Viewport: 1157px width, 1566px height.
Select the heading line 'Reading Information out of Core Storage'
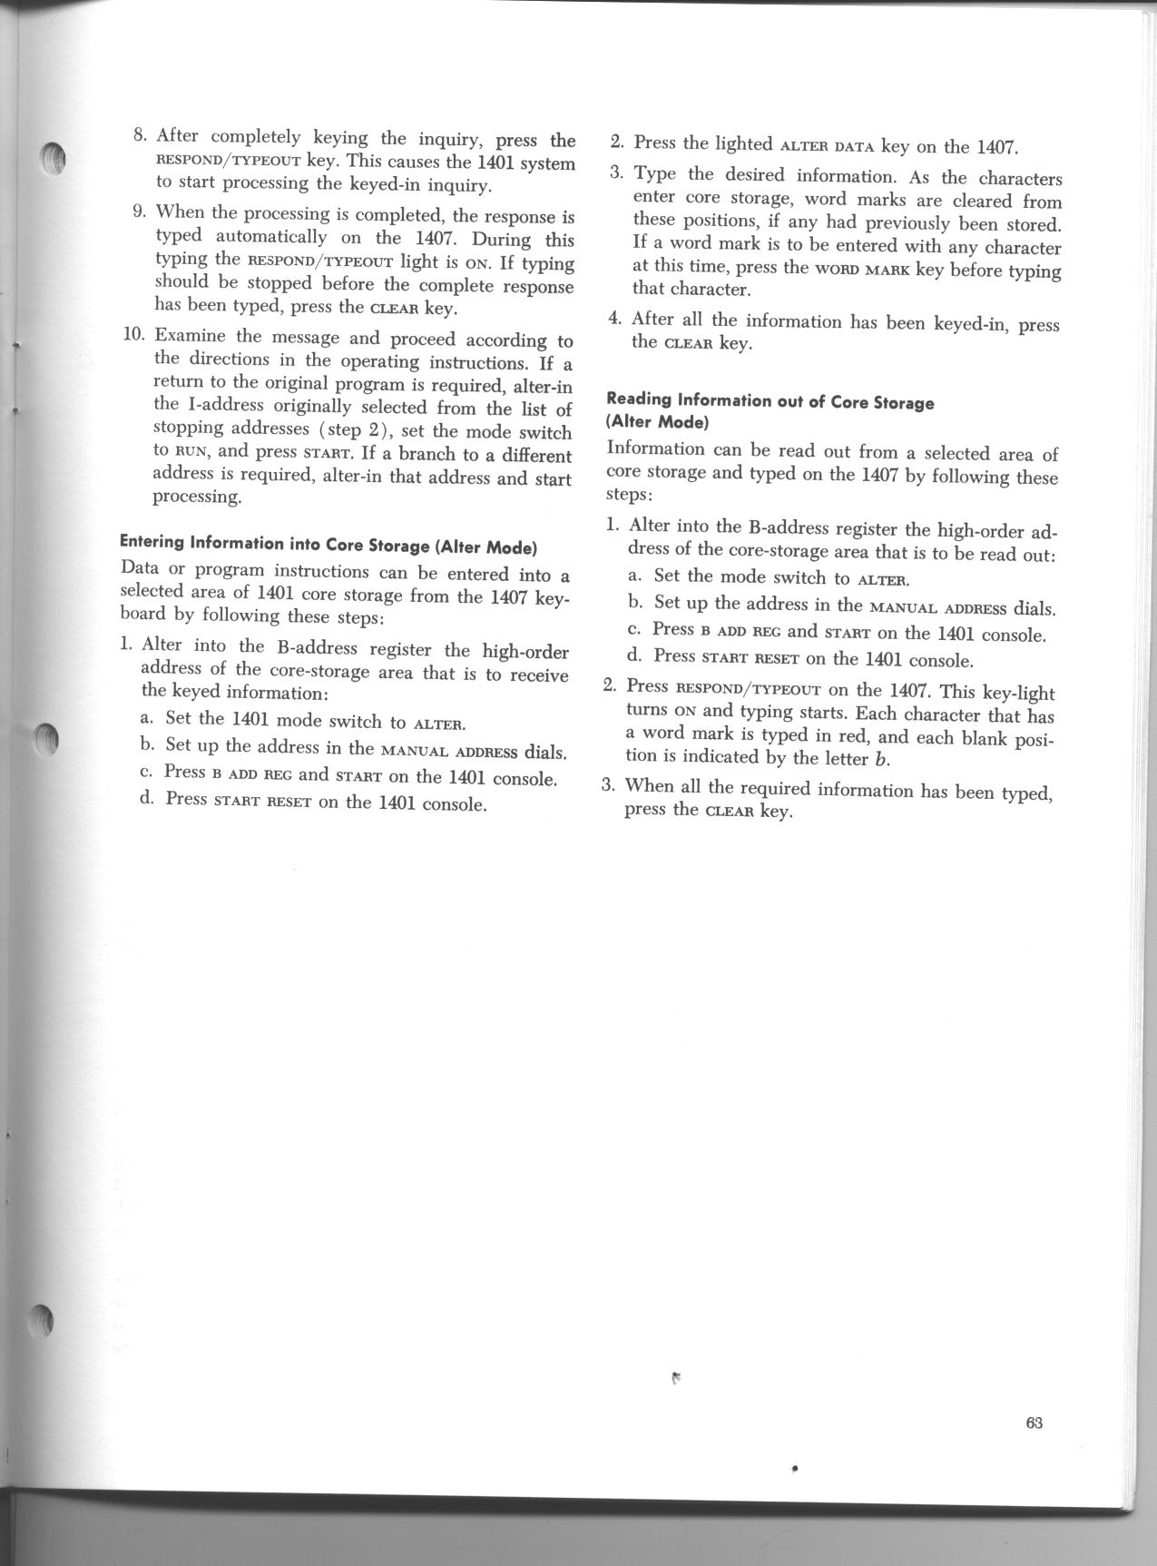point(770,401)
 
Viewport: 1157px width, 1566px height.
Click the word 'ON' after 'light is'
point(478,265)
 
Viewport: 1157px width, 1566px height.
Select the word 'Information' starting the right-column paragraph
point(655,449)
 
